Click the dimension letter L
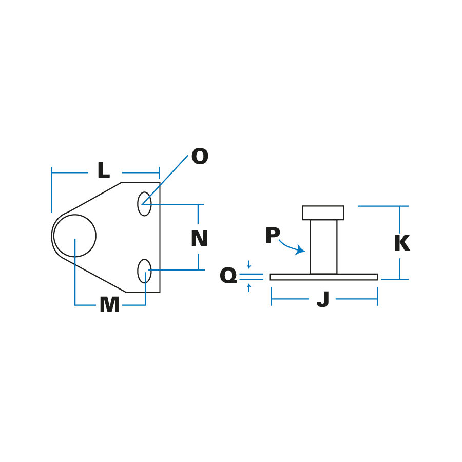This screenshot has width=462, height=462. tap(103, 171)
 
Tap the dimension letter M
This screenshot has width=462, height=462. tap(109, 305)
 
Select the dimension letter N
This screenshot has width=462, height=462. tap(199, 239)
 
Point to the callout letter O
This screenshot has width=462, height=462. tap(200, 157)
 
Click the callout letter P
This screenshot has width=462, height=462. tap(273, 236)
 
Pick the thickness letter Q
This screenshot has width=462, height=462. tap(228, 276)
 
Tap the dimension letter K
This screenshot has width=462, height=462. tap(402, 244)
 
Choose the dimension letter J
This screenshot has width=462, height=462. tap(323, 300)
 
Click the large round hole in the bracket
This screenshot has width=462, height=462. tap(75, 236)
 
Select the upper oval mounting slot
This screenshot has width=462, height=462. tap(144, 204)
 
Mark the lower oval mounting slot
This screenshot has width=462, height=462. tap(144, 271)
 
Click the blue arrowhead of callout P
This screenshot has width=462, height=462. tap(301, 250)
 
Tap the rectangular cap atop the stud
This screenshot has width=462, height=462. tap(323, 213)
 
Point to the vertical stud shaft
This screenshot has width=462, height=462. tap(323, 246)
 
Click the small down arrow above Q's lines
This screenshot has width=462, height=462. tap(249, 266)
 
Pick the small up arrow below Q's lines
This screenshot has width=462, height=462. tap(249, 286)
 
